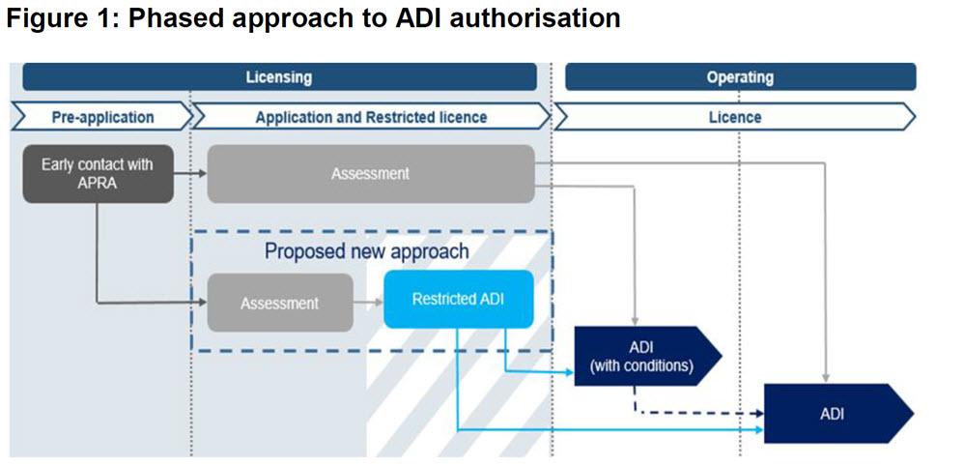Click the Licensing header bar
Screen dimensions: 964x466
click(280, 77)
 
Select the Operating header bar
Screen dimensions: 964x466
click(740, 77)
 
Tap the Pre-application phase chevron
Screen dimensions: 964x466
click(102, 116)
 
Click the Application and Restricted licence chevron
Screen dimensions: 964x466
click(371, 116)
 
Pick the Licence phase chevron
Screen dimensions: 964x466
click(735, 116)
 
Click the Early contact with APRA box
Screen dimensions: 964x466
click(98, 174)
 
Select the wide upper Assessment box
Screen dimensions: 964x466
click(371, 174)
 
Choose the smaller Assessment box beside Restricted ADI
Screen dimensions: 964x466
click(280, 303)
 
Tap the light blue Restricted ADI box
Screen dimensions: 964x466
click(458, 299)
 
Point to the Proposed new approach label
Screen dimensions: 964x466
click(366, 251)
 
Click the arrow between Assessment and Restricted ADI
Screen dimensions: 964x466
click(368, 303)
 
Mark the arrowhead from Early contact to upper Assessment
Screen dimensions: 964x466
click(203, 174)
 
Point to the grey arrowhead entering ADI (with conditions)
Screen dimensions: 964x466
click(634, 323)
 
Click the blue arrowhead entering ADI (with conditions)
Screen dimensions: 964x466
click(570, 372)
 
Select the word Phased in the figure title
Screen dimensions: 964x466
click(172, 18)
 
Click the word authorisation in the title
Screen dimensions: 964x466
click(534, 18)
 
